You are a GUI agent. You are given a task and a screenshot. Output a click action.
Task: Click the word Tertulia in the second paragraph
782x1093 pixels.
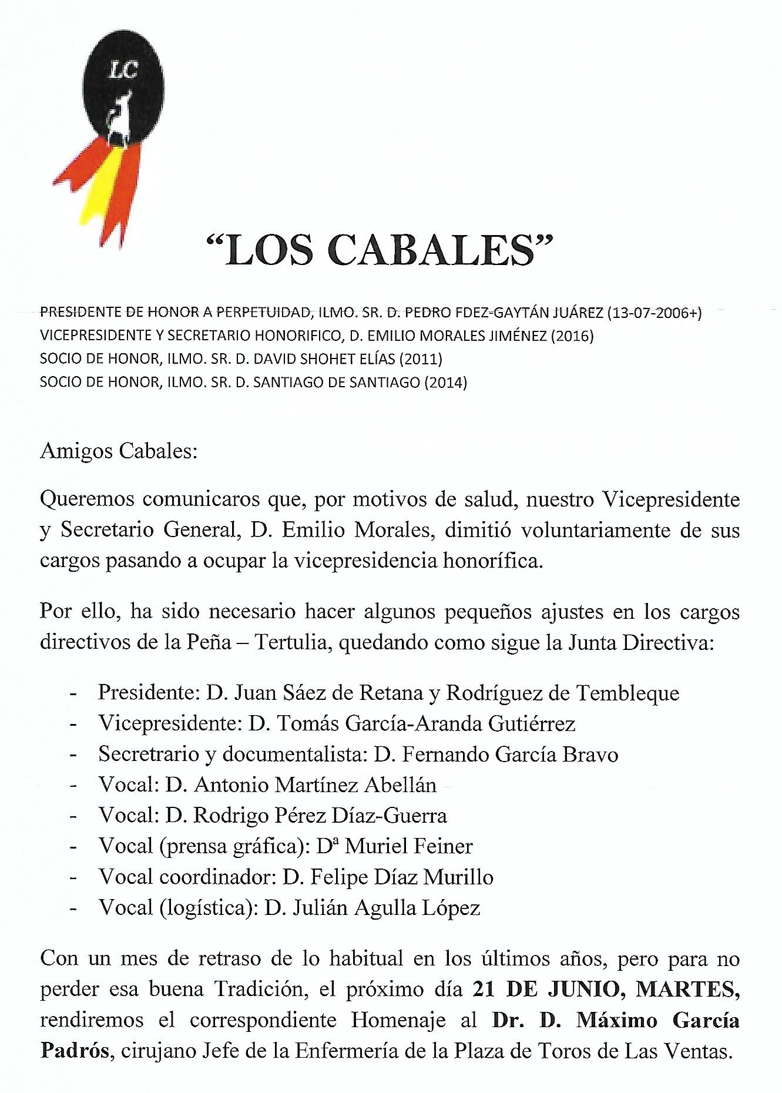coord(292,642)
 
